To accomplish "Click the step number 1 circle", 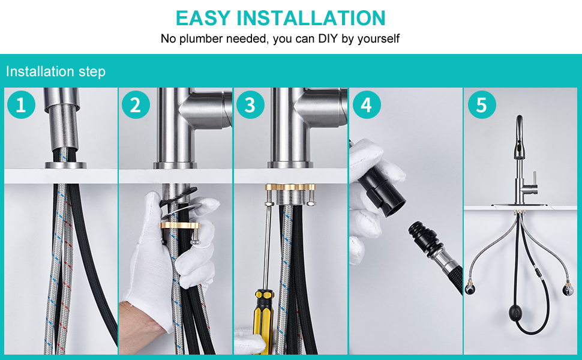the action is tap(21, 104).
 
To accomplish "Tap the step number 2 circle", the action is tap(136, 104).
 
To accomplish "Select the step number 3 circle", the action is tap(250, 104).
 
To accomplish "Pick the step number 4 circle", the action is tap(367, 104).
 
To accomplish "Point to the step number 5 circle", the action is tap(481, 104).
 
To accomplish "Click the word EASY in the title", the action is tap(203, 18).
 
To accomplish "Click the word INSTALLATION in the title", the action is tap(311, 18).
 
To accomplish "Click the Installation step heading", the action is tap(56, 71).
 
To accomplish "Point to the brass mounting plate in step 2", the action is tap(180, 225).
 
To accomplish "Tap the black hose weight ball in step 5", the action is tap(517, 310).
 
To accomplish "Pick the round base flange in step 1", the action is tap(65, 165).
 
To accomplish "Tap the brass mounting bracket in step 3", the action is tap(290, 187).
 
